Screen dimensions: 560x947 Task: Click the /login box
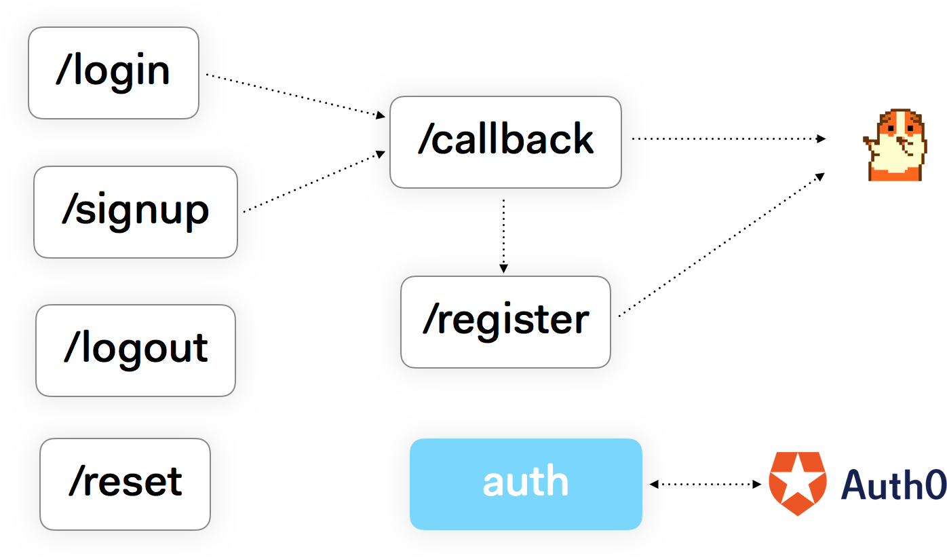point(113,73)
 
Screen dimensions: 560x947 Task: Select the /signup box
point(136,212)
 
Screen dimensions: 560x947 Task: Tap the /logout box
point(136,350)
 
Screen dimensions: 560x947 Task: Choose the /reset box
point(125,483)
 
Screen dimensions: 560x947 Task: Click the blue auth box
point(526,483)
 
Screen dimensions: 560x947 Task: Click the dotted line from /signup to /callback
point(312,182)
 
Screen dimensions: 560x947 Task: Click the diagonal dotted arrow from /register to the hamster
point(733,238)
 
